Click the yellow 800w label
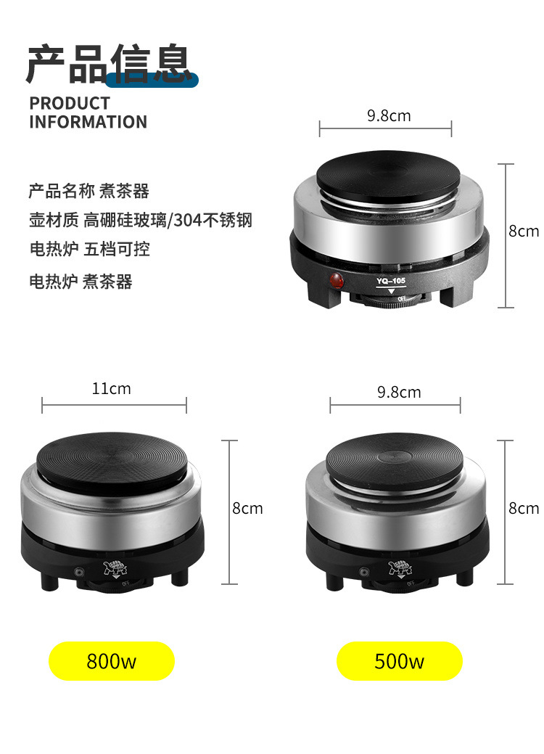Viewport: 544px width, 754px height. click(x=112, y=661)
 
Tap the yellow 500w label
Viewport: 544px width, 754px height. click(x=399, y=661)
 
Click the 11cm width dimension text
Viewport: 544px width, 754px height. click(x=111, y=388)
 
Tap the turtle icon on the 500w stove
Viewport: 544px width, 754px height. click(x=398, y=567)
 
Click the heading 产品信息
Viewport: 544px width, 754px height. click(x=109, y=65)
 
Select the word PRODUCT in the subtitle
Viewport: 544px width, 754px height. click(x=70, y=103)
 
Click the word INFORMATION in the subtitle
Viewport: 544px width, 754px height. click(x=88, y=122)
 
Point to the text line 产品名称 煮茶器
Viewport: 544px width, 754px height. click(x=88, y=191)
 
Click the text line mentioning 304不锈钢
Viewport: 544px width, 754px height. click(x=140, y=220)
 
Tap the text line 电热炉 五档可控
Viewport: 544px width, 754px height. click(x=89, y=250)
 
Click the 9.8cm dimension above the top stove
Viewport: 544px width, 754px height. click(x=389, y=115)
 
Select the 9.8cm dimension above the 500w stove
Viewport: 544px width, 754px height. click(x=398, y=392)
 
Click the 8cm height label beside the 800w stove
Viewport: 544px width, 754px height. click(x=247, y=508)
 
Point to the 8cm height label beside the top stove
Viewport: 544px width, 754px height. click(x=523, y=231)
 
